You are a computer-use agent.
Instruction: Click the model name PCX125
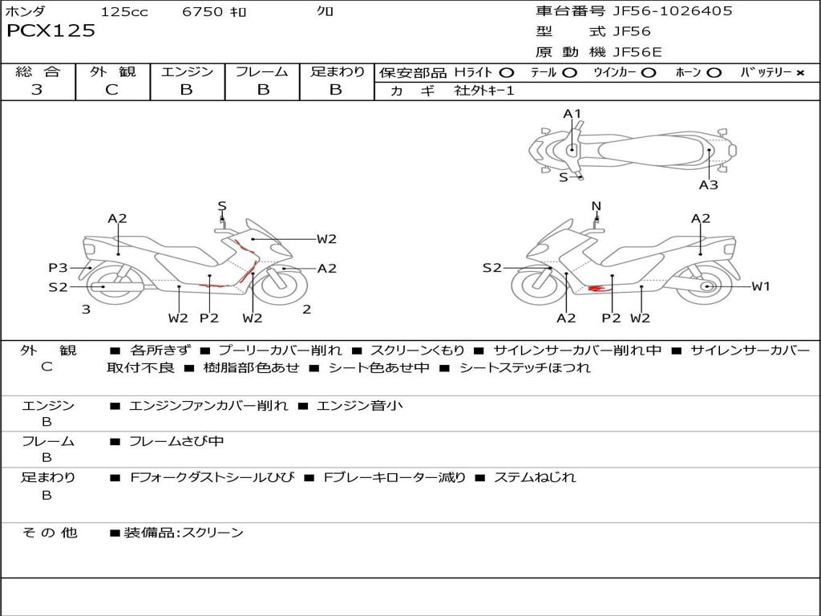coord(51,31)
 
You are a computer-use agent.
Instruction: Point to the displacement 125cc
coord(123,12)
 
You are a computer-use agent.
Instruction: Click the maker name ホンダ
coord(26,12)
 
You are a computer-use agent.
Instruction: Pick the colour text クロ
coord(325,12)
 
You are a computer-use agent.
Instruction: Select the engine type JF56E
coord(637,53)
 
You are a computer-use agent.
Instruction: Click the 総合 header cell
coord(38,72)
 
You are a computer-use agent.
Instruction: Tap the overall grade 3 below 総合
coord(37,90)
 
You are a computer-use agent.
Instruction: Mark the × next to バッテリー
coord(799,73)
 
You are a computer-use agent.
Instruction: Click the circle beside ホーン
coord(714,73)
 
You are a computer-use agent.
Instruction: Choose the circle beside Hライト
coord(507,73)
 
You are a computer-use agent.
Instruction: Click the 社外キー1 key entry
coord(484,91)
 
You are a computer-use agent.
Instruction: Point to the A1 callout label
coord(572,114)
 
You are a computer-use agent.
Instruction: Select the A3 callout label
coord(708,184)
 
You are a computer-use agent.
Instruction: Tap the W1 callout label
coord(760,286)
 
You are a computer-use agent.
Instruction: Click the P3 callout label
coord(58,268)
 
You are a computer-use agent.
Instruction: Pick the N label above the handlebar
coord(596,206)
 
